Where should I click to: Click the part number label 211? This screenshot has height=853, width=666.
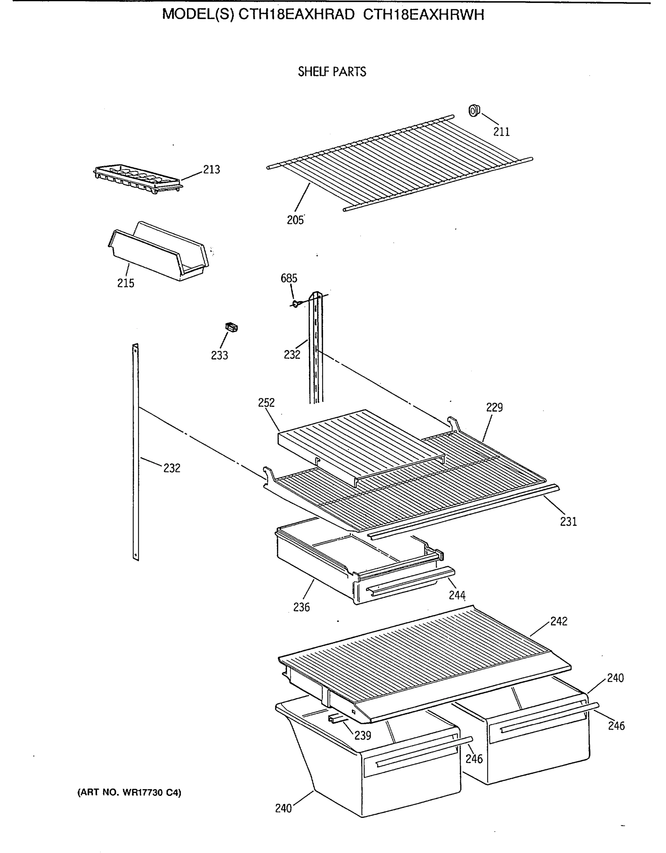(501, 132)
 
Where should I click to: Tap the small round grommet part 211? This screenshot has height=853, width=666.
(474, 111)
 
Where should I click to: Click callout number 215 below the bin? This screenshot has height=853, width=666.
(126, 283)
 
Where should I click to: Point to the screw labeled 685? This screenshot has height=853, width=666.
(295, 303)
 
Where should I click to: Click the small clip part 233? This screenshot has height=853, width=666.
(231, 327)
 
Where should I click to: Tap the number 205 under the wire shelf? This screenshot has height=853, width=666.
(295, 220)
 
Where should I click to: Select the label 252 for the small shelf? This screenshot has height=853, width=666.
(266, 403)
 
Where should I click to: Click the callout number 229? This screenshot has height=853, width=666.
(494, 407)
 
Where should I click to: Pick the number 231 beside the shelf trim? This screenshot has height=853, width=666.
(568, 521)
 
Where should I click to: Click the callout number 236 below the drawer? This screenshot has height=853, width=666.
(301, 607)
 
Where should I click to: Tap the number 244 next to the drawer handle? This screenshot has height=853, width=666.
(457, 595)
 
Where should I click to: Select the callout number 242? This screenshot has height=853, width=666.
(559, 621)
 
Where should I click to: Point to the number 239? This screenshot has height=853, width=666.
(363, 735)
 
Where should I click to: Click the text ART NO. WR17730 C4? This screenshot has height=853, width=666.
(129, 793)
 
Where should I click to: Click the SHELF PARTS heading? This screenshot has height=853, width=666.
(332, 72)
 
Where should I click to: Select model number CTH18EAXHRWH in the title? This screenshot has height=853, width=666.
(424, 15)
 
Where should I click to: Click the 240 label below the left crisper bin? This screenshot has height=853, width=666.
(283, 808)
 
